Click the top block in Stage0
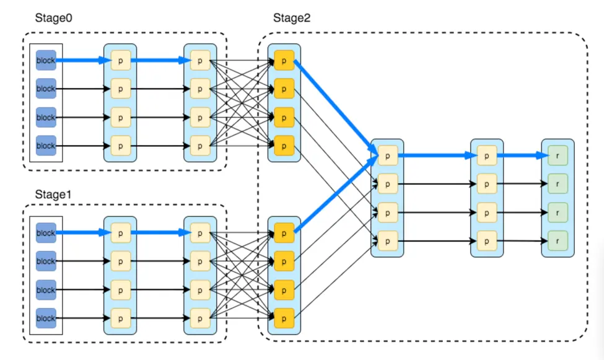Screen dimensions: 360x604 coord(46,60)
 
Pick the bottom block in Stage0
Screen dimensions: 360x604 coord(46,146)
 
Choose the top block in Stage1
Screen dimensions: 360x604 coord(46,233)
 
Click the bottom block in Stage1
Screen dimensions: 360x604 coord(46,318)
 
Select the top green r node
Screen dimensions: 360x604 coord(558,156)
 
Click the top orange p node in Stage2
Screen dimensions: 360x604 coord(284,60)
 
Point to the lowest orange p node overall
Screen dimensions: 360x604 coord(284,318)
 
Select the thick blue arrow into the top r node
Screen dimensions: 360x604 coord(522,156)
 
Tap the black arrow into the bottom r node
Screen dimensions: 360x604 coord(522,240)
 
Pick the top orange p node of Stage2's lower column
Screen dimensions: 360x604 coord(284,233)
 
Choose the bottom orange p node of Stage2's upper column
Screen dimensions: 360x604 coord(284,146)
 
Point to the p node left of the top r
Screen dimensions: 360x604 coord(487,156)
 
